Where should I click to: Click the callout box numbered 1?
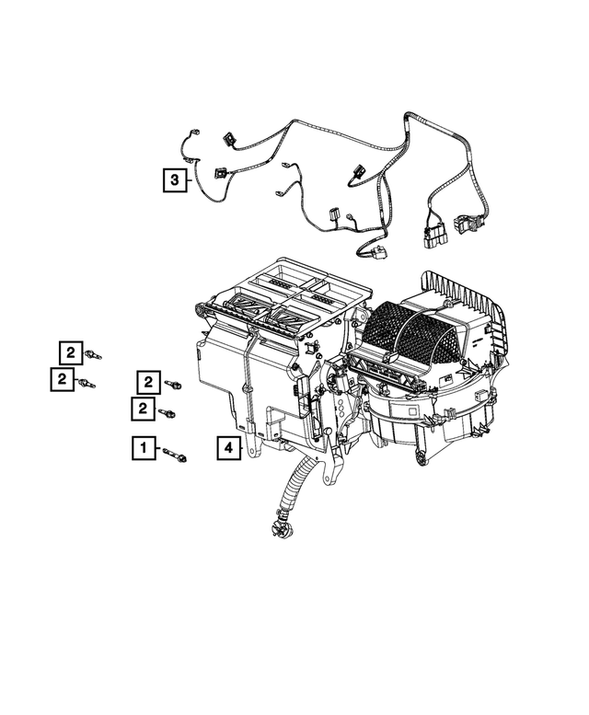(x=143, y=448)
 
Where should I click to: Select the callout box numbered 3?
(x=175, y=179)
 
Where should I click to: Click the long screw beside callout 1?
(x=176, y=455)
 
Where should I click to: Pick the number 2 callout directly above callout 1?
(x=143, y=408)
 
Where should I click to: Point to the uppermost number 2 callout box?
(x=69, y=351)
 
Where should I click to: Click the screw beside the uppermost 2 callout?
(x=92, y=354)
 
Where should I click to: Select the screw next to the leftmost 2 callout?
(x=87, y=383)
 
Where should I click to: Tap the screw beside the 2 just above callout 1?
(x=167, y=413)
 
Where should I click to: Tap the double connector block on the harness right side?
(x=433, y=238)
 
